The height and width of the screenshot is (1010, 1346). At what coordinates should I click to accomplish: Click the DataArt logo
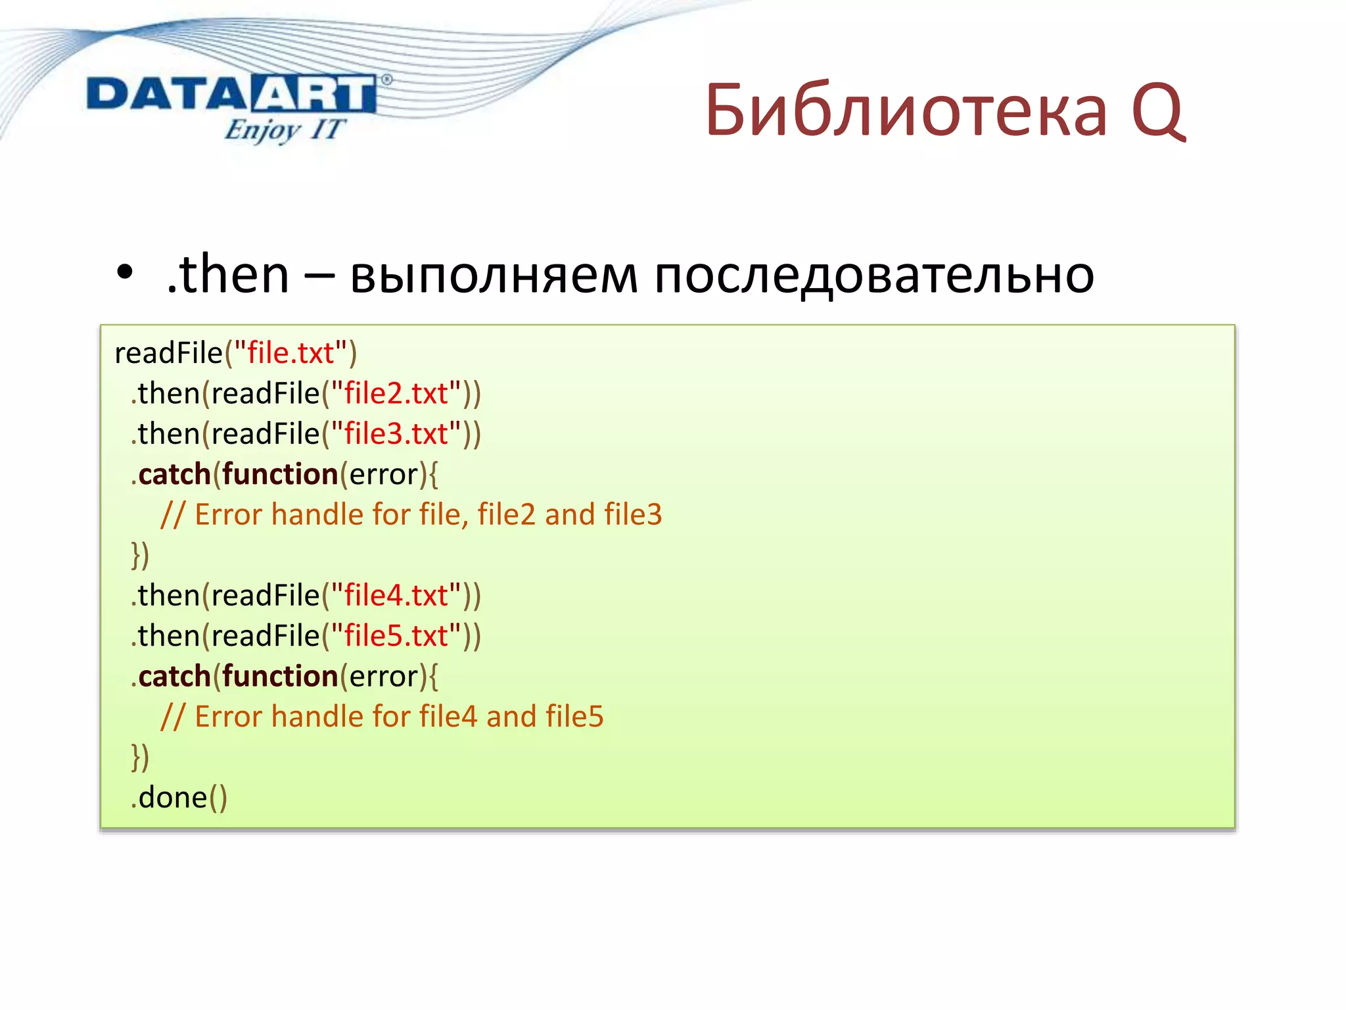click(x=231, y=94)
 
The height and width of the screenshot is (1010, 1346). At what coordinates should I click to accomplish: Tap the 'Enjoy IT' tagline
click(x=284, y=130)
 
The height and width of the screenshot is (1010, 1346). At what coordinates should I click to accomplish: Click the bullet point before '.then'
click(x=125, y=273)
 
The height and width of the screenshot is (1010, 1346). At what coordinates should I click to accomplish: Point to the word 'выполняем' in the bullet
click(x=494, y=275)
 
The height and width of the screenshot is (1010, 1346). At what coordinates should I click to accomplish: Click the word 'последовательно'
click(x=874, y=275)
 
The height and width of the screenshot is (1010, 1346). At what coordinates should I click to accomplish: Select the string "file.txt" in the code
click(x=290, y=353)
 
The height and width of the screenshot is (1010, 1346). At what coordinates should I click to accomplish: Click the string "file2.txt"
click(x=396, y=393)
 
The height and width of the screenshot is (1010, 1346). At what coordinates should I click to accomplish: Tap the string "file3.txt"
click(x=396, y=434)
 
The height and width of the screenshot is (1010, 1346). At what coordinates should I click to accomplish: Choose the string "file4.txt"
click(x=396, y=596)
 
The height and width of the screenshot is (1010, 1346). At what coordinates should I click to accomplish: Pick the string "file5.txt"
click(x=396, y=636)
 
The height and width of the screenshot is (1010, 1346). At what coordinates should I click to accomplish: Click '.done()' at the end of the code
click(x=179, y=798)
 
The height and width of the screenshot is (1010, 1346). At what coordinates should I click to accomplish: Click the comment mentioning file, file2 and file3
click(x=411, y=514)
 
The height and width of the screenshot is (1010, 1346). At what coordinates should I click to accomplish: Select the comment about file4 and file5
click(x=382, y=717)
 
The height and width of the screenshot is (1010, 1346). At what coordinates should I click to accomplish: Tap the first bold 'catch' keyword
click(x=174, y=474)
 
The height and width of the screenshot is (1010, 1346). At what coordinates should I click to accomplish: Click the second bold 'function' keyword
click(x=280, y=676)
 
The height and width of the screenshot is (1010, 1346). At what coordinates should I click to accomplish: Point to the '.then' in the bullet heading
click(x=228, y=275)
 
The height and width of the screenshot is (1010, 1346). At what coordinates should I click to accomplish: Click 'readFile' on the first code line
click(x=168, y=353)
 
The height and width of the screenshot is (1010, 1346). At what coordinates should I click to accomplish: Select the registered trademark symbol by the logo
click(x=386, y=80)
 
